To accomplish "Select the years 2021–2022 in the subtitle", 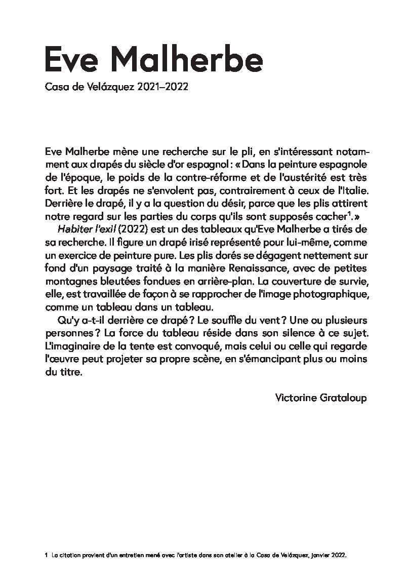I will click(162, 87).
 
